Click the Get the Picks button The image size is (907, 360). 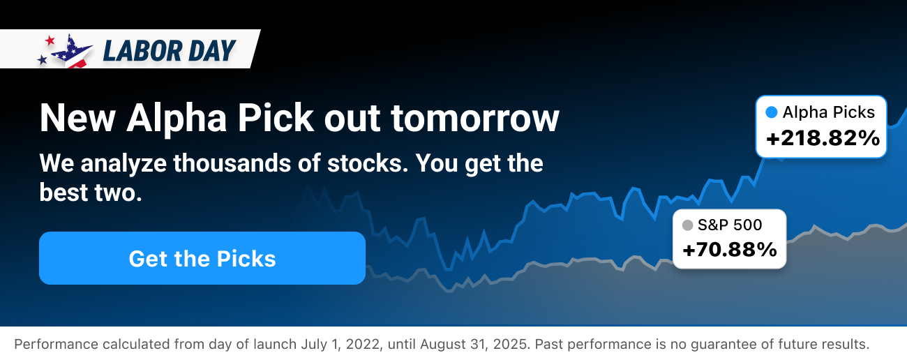pos(202,258)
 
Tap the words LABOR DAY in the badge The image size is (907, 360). pos(170,50)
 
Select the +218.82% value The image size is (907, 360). pos(823,139)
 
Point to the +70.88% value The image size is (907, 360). pos(729,249)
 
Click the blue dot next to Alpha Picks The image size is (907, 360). pos(771,112)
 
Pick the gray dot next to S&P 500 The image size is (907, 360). pos(687,225)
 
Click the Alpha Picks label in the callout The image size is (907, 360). pos(828,112)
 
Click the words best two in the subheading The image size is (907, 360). pos(90,193)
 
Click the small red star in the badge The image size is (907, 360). pos(49,40)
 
